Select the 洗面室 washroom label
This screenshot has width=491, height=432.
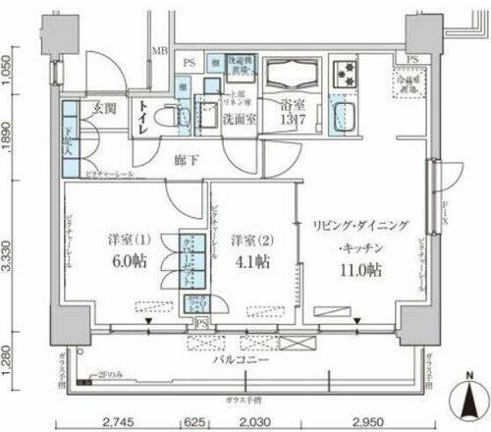click(240, 122)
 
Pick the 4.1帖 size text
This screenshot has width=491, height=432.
click(250, 262)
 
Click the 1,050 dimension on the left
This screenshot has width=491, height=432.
click(9, 71)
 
